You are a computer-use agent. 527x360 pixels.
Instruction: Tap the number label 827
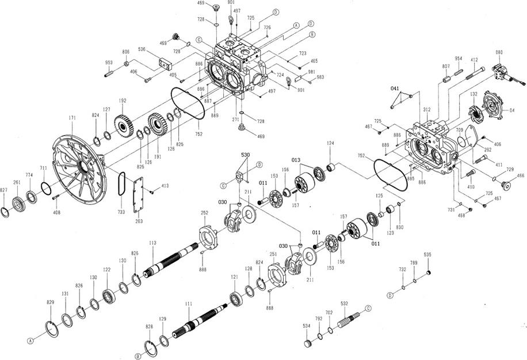[x=4, y=190]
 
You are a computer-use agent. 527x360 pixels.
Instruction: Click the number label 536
[x=141, y=49]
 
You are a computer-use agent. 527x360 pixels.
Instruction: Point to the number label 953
[x=109, y=62]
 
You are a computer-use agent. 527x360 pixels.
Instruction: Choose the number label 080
[x=499, y=52]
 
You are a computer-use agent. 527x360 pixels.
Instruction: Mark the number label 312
[x=426, y=109]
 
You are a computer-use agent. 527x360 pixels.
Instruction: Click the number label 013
[x=296, y=159]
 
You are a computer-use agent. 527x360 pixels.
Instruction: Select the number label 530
[x=245, y=156]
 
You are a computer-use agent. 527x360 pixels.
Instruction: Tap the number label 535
[x=427, y=254]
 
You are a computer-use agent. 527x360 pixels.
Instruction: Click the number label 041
[x=395, y=89]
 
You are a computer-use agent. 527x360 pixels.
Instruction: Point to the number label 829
[x=50, y=302]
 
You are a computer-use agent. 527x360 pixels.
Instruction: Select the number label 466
[x=521, y=175]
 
